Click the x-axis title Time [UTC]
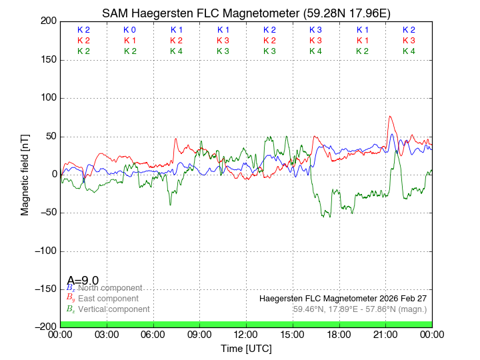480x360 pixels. click(x=246, y=349)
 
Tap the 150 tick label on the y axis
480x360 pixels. click(x=47, y=60)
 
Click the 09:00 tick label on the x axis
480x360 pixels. click(x=200, y=335)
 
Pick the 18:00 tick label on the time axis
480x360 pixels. click(x=339, y=335)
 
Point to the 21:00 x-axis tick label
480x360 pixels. click(x=386, y=335)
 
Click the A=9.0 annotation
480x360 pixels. click(x=83, y=281)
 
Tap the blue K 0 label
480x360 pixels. click(x=130, y=30)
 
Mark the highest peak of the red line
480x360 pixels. click(x=391, y=116)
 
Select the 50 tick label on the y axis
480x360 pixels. click(x=49, y=137)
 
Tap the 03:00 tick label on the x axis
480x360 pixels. click(x=107, y=335)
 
